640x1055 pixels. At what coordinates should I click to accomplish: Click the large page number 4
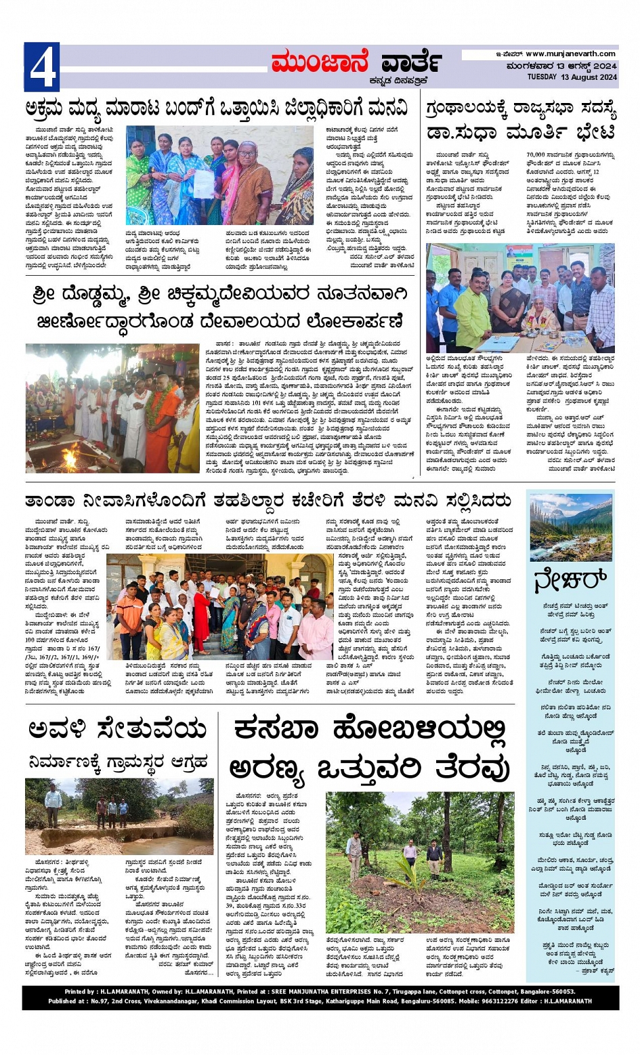tap(42, 67)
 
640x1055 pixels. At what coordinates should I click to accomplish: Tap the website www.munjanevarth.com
tap(570, 54)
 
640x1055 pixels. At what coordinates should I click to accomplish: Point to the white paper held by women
tap(204, 183)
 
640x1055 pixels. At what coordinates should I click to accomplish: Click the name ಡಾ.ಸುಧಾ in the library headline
tap(467, 131)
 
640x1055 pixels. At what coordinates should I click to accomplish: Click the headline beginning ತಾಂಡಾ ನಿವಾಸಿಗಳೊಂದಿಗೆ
tap(268, 501)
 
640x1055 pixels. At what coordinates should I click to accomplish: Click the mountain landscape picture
tap(571, 528)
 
